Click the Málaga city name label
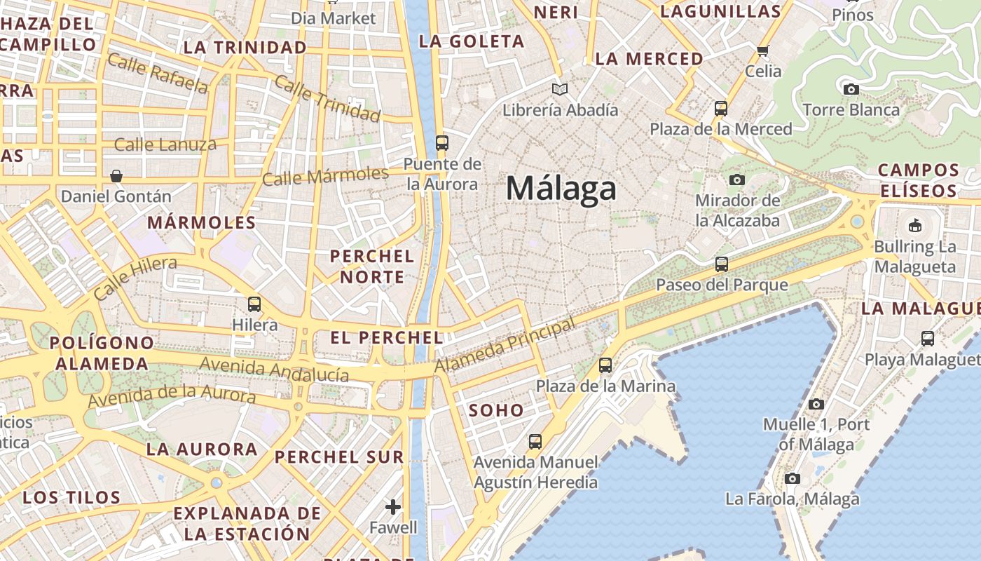point(561,188)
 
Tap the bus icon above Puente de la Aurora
point(441,142)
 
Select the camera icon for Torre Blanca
point(851,89)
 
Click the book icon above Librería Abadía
point(559,89)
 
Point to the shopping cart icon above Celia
point(763,50)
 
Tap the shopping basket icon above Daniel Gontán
point(116,175)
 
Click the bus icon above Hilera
point(254,304)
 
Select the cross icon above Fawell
point(393,506)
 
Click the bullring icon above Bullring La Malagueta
point(914,226)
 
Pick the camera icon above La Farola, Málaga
point(793,478)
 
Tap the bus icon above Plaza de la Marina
point(605,365)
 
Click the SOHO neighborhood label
point(496,410)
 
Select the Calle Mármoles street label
point(325,175)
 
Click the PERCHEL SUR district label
point(339,457)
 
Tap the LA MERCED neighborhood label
point(649,59)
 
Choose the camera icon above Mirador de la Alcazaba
point(736,180)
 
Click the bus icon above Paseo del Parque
point(722,264)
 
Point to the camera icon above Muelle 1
point(816,404)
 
